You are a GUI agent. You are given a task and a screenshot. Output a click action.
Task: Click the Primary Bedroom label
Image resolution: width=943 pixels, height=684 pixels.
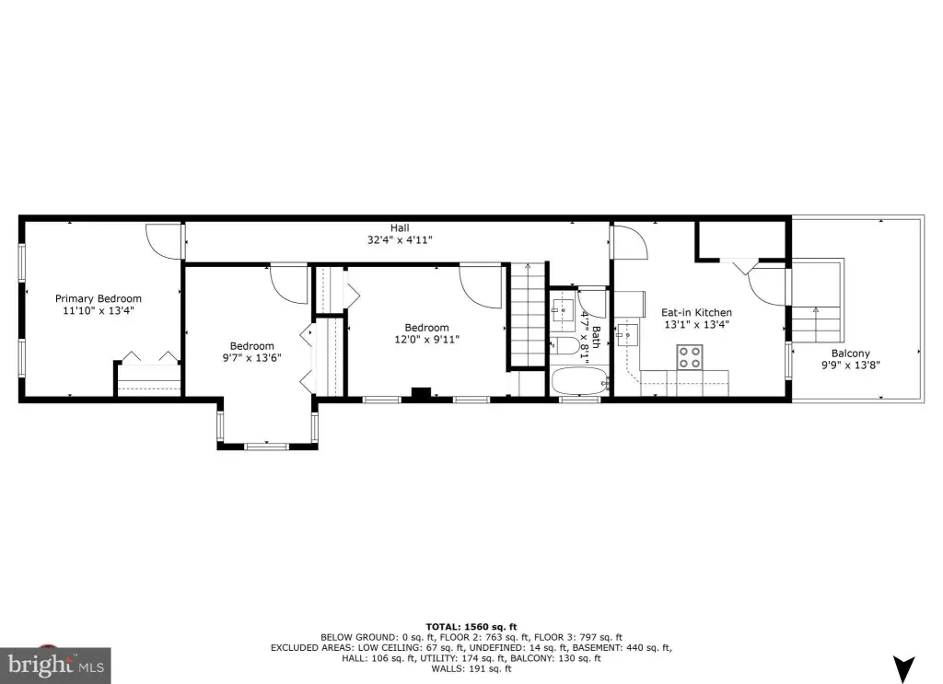99,298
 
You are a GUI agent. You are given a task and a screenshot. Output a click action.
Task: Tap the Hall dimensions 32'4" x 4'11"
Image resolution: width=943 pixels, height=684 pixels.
400,240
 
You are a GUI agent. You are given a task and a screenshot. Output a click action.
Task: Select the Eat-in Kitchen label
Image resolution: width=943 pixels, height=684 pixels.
696,313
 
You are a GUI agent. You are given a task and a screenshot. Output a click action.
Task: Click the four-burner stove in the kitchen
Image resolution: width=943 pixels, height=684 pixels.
690,357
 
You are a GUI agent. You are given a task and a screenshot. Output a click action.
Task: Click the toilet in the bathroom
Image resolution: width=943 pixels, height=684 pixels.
565,346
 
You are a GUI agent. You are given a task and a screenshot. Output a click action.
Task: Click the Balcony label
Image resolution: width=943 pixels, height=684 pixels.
850,354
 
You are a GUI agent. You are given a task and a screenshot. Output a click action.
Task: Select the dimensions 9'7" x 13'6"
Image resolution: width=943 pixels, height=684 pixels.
252,357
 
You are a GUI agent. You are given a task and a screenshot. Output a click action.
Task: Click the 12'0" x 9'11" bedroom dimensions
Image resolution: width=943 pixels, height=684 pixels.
427,340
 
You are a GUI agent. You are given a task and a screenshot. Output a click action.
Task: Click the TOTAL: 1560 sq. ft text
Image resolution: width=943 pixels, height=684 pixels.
471,627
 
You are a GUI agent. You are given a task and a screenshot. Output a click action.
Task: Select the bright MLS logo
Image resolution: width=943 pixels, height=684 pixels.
55,666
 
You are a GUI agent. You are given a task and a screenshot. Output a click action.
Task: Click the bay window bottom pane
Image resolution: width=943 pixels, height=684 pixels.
267,446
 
